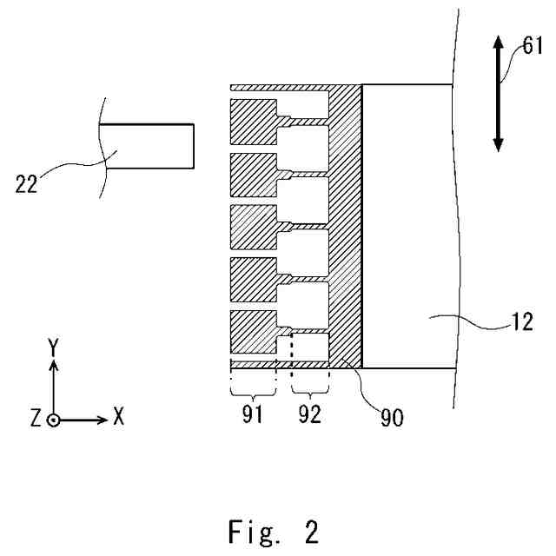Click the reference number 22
click(27, 185)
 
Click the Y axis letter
click(54, 347)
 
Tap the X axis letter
click(118, 418)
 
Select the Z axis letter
click(35, 418)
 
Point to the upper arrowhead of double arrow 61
click(500, 44)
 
